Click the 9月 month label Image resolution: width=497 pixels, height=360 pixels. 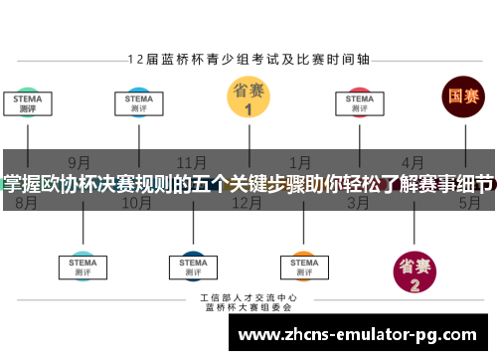point(82,162)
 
